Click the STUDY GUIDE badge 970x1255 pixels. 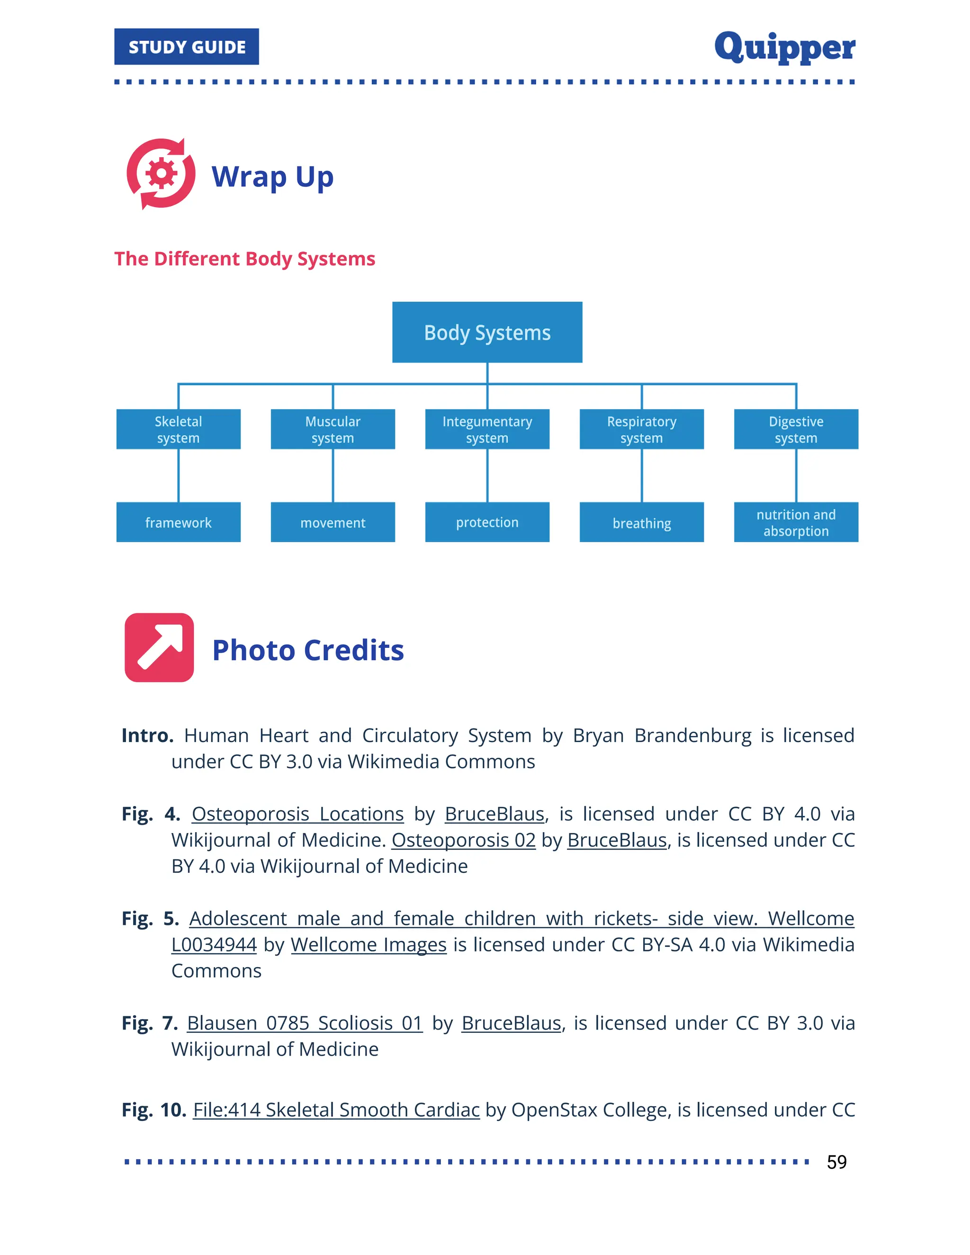pos(186,46)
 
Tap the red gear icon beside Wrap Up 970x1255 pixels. pos(161,173)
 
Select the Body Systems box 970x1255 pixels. pos(487,332)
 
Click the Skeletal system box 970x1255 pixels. pos(178,429)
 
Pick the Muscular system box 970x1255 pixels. pos(332,429)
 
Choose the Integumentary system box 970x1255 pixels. pos(487,429)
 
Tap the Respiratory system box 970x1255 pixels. pos(641,429)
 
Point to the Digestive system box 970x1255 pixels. pos(796,429)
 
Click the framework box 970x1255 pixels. pos(178,522)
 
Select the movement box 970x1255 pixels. pos(332,522)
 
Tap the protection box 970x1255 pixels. pos(487,522)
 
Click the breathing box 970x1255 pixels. pos(641,522)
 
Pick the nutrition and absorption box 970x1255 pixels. pos(796,522)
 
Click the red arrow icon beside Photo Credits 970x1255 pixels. pos(159,647)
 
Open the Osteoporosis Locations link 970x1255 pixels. pos(297,814)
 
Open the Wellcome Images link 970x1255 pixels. pos(368,945)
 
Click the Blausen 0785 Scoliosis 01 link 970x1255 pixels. pos(305,1023)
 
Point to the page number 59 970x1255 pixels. pos(837,1162)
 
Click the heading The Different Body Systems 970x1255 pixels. pos(245,259)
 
